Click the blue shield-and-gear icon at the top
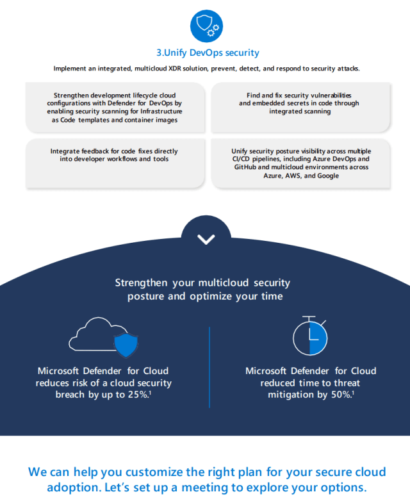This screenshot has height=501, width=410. pos(206,26)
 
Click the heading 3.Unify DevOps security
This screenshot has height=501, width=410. pos(208,53)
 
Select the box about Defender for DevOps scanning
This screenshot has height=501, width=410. pos(115,107)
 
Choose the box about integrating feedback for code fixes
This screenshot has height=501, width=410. pos(115,155)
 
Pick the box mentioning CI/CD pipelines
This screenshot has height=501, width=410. pos(299,163)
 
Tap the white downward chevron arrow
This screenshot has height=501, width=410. pos(206,240)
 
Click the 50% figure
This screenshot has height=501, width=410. pos(340,395)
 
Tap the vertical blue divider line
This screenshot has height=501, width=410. pos(209,366)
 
